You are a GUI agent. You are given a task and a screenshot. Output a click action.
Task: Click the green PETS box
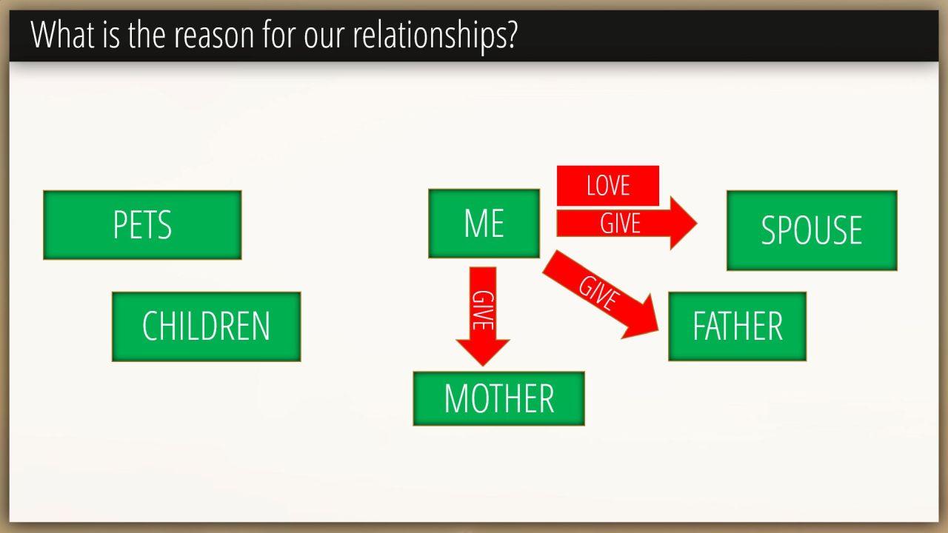[142, 225]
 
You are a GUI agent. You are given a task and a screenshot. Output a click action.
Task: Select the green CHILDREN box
[207, 326]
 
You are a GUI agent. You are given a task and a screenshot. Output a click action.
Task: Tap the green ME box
[484, 224]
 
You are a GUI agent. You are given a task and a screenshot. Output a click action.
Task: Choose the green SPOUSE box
[812, 230]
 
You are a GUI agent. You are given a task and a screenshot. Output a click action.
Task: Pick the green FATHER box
[737, 326]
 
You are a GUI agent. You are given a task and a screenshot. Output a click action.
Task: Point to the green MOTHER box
[499, 398]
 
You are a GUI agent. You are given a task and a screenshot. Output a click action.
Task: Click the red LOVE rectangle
[608, 186]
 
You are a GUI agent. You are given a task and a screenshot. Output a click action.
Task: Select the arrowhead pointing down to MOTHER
[483, 352]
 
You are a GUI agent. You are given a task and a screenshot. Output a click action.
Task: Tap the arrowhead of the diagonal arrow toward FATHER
[644, 319]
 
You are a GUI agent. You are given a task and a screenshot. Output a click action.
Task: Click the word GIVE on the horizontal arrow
[620, 224]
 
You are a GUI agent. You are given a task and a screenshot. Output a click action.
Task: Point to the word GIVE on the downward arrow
[483, 310]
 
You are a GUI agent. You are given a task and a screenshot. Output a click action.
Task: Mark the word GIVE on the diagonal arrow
[598, 292]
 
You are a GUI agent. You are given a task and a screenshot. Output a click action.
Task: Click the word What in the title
[63, 34]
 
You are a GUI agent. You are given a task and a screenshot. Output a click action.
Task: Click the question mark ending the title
[512, 34]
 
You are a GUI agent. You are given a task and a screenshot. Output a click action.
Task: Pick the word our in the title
[324, 38]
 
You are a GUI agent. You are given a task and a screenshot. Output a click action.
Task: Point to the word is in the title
[111, 35]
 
